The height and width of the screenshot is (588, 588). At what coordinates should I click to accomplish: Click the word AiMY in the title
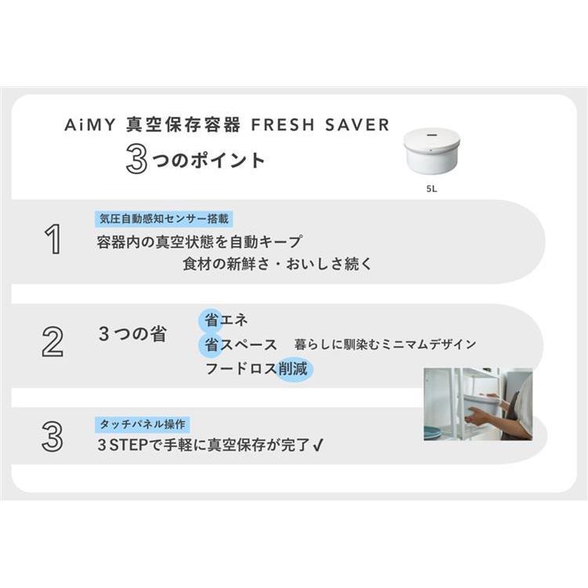coord(90,125)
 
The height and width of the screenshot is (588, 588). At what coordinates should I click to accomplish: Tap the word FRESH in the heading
coord(283,125)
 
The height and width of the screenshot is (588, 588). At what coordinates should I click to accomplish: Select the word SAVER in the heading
coord(358,125)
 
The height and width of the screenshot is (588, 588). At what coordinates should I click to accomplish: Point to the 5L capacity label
coord(432,189)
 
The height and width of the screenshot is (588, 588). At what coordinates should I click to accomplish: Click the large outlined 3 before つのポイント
coord(136,159)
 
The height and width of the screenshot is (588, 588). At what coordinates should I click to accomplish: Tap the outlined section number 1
coord(53,239)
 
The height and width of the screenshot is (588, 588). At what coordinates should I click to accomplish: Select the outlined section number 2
coord(52,342)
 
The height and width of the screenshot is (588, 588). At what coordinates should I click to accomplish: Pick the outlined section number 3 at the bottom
coord(52,437)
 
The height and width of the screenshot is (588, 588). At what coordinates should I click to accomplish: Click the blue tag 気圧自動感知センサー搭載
coord(164,219)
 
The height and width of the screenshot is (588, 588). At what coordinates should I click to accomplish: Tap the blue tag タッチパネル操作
coord(142,424)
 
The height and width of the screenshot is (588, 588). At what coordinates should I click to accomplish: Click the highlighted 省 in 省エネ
coord(211,321)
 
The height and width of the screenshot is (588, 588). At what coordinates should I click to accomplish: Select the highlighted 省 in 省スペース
coord(211,345)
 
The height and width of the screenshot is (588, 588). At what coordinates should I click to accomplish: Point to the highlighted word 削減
coord(293,369)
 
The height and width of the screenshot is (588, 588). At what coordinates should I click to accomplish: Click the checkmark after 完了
coord(318,445)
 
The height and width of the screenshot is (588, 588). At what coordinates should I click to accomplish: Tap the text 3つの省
coord(132,333)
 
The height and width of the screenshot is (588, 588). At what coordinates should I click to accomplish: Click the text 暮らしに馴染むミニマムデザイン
coord(385,344)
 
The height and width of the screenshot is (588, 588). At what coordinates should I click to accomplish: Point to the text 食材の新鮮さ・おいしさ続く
coord(277,264)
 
